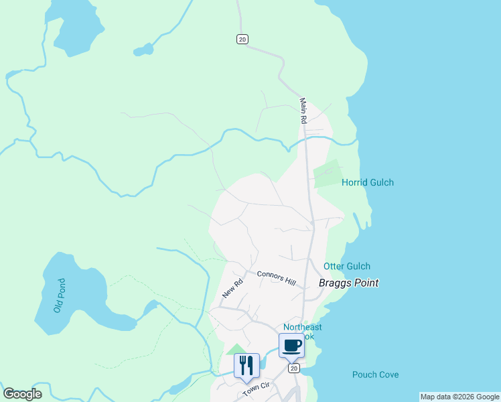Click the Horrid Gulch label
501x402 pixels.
(368, 182)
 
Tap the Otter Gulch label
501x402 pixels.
(347, 266)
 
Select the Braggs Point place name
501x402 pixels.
(348, 283)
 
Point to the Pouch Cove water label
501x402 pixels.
(375, 375)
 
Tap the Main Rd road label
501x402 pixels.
(303, 111)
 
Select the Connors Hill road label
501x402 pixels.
(276, 277)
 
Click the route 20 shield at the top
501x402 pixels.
(242, 40)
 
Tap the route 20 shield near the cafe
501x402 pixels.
(293, 368)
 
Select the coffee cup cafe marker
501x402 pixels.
(291, 346)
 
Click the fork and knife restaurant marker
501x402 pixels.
(246, 366)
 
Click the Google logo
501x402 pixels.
(22, 394)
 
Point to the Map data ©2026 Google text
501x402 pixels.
(459, 397)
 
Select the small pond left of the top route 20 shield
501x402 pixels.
(143, 49)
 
